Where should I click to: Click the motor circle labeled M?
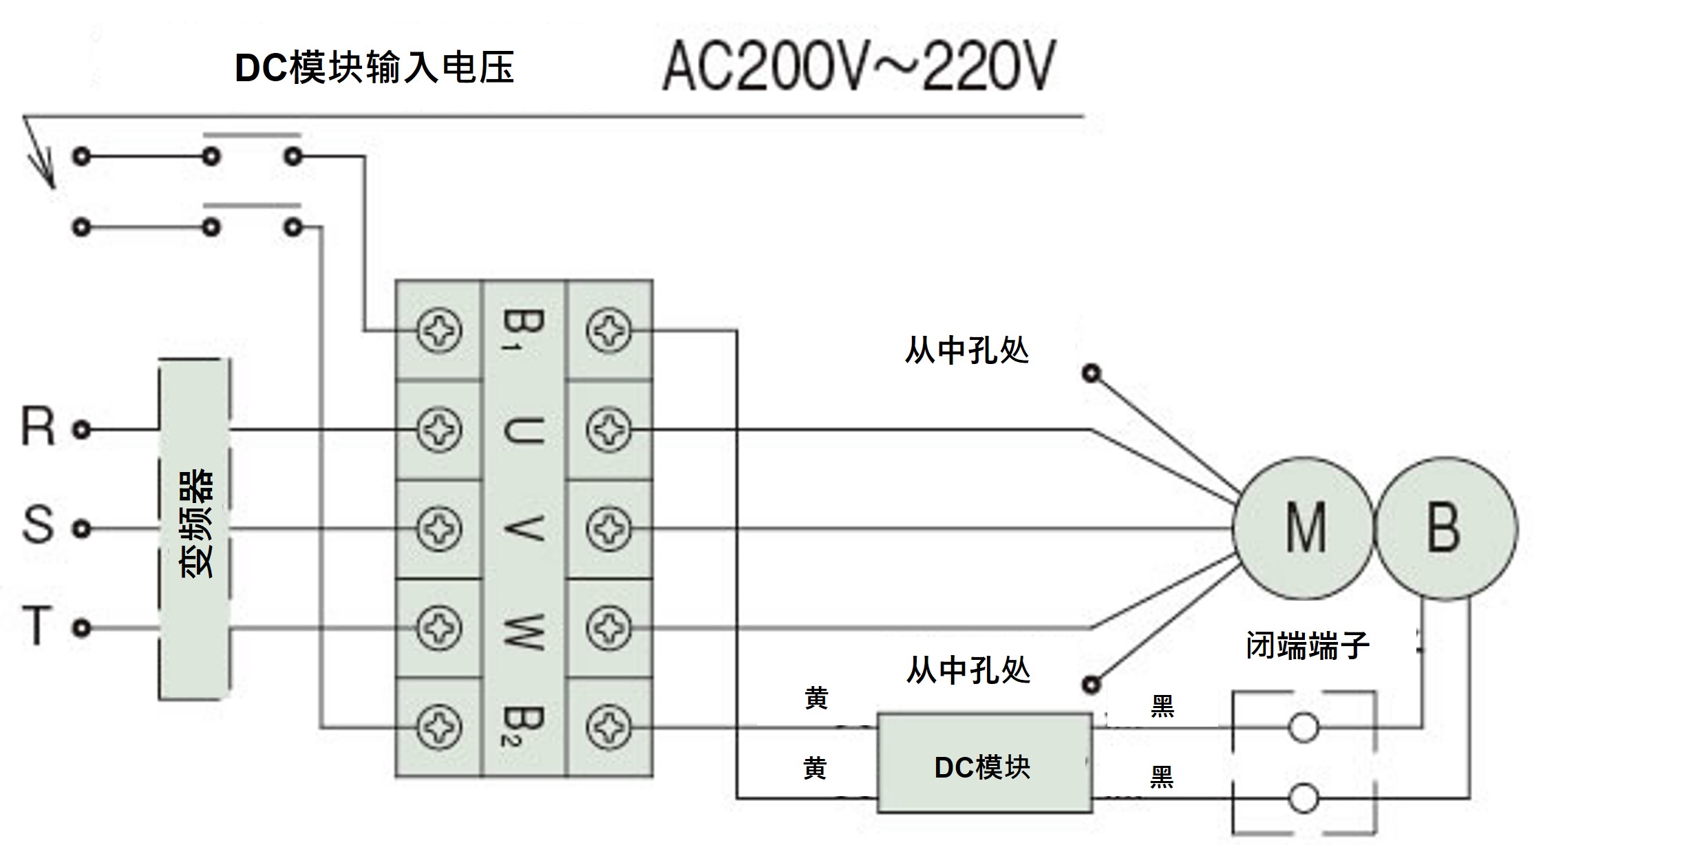(x=1303, y=528)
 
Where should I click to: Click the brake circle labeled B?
(x=1445, y=528)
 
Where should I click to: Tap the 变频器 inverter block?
(x=195, y=528)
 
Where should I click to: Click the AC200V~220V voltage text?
(x=858, y=67)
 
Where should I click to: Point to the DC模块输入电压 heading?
(x=374, y=67)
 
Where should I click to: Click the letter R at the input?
(x=38, y=427)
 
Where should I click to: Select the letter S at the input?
(x=38, y=526)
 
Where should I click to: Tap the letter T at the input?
(x=38, y=625)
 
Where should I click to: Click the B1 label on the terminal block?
(x=523, y=330)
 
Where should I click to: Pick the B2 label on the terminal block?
(x=523, y=727)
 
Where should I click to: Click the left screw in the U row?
(x=439, y=429)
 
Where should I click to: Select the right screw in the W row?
(x=608, y=628)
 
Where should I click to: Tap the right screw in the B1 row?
(x=608, y=330)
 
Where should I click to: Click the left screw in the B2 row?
(x=439, y=727)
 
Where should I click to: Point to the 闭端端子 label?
(x=1306, y=645)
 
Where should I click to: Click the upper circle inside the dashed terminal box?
(x=1303, y=727)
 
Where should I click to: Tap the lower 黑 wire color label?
(x=1162, y=777)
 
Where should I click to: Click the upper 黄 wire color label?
(x=816, y=698)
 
